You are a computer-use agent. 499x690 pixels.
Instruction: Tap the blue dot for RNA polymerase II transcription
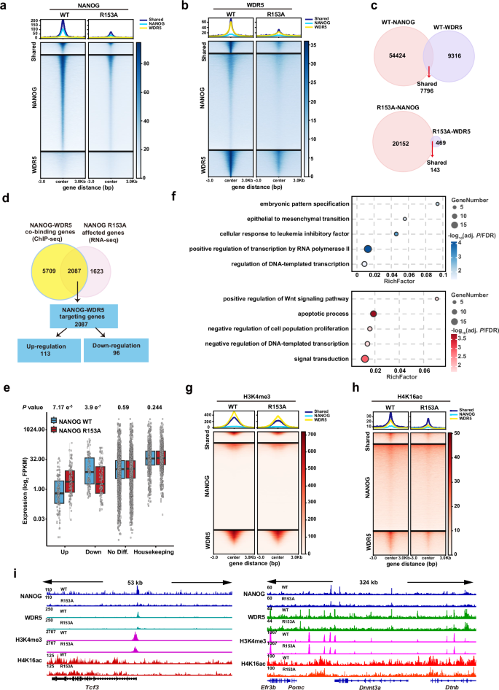368,249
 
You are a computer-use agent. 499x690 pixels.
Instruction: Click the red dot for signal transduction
365,358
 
